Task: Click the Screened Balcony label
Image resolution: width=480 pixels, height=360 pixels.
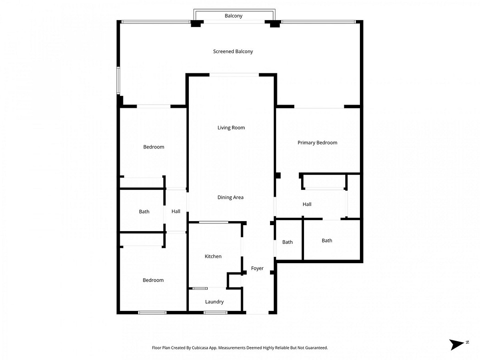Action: pos(233,51)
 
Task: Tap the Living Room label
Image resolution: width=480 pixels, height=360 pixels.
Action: pos(231,127)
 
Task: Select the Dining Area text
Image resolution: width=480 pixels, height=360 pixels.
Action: pos(231,198)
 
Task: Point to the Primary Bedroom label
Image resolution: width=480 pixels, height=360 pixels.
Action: pos(317,143)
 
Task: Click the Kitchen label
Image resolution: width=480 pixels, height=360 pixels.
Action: pos(213,256)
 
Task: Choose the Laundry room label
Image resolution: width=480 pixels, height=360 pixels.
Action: pos(214,302)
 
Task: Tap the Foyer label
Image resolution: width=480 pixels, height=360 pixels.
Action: pos(257,268)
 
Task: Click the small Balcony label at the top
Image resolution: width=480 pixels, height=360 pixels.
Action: pos(233,16)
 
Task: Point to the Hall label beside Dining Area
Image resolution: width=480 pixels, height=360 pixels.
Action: pos(176,211)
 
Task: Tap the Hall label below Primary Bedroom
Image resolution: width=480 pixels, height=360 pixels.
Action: pos(307,204)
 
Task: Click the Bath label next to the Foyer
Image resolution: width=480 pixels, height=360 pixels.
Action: pos(287,242)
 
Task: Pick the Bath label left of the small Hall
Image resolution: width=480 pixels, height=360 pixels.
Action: pos(144,211)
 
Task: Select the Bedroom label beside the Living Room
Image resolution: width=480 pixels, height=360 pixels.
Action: pos(154,147)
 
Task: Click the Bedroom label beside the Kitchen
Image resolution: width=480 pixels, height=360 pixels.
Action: pos(153,280)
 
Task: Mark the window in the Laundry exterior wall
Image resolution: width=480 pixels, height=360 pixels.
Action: pos(215,313)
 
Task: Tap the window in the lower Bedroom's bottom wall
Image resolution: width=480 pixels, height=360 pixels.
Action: pos(152,313)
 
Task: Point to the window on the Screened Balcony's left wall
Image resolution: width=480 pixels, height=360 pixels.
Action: pos(118,80)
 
